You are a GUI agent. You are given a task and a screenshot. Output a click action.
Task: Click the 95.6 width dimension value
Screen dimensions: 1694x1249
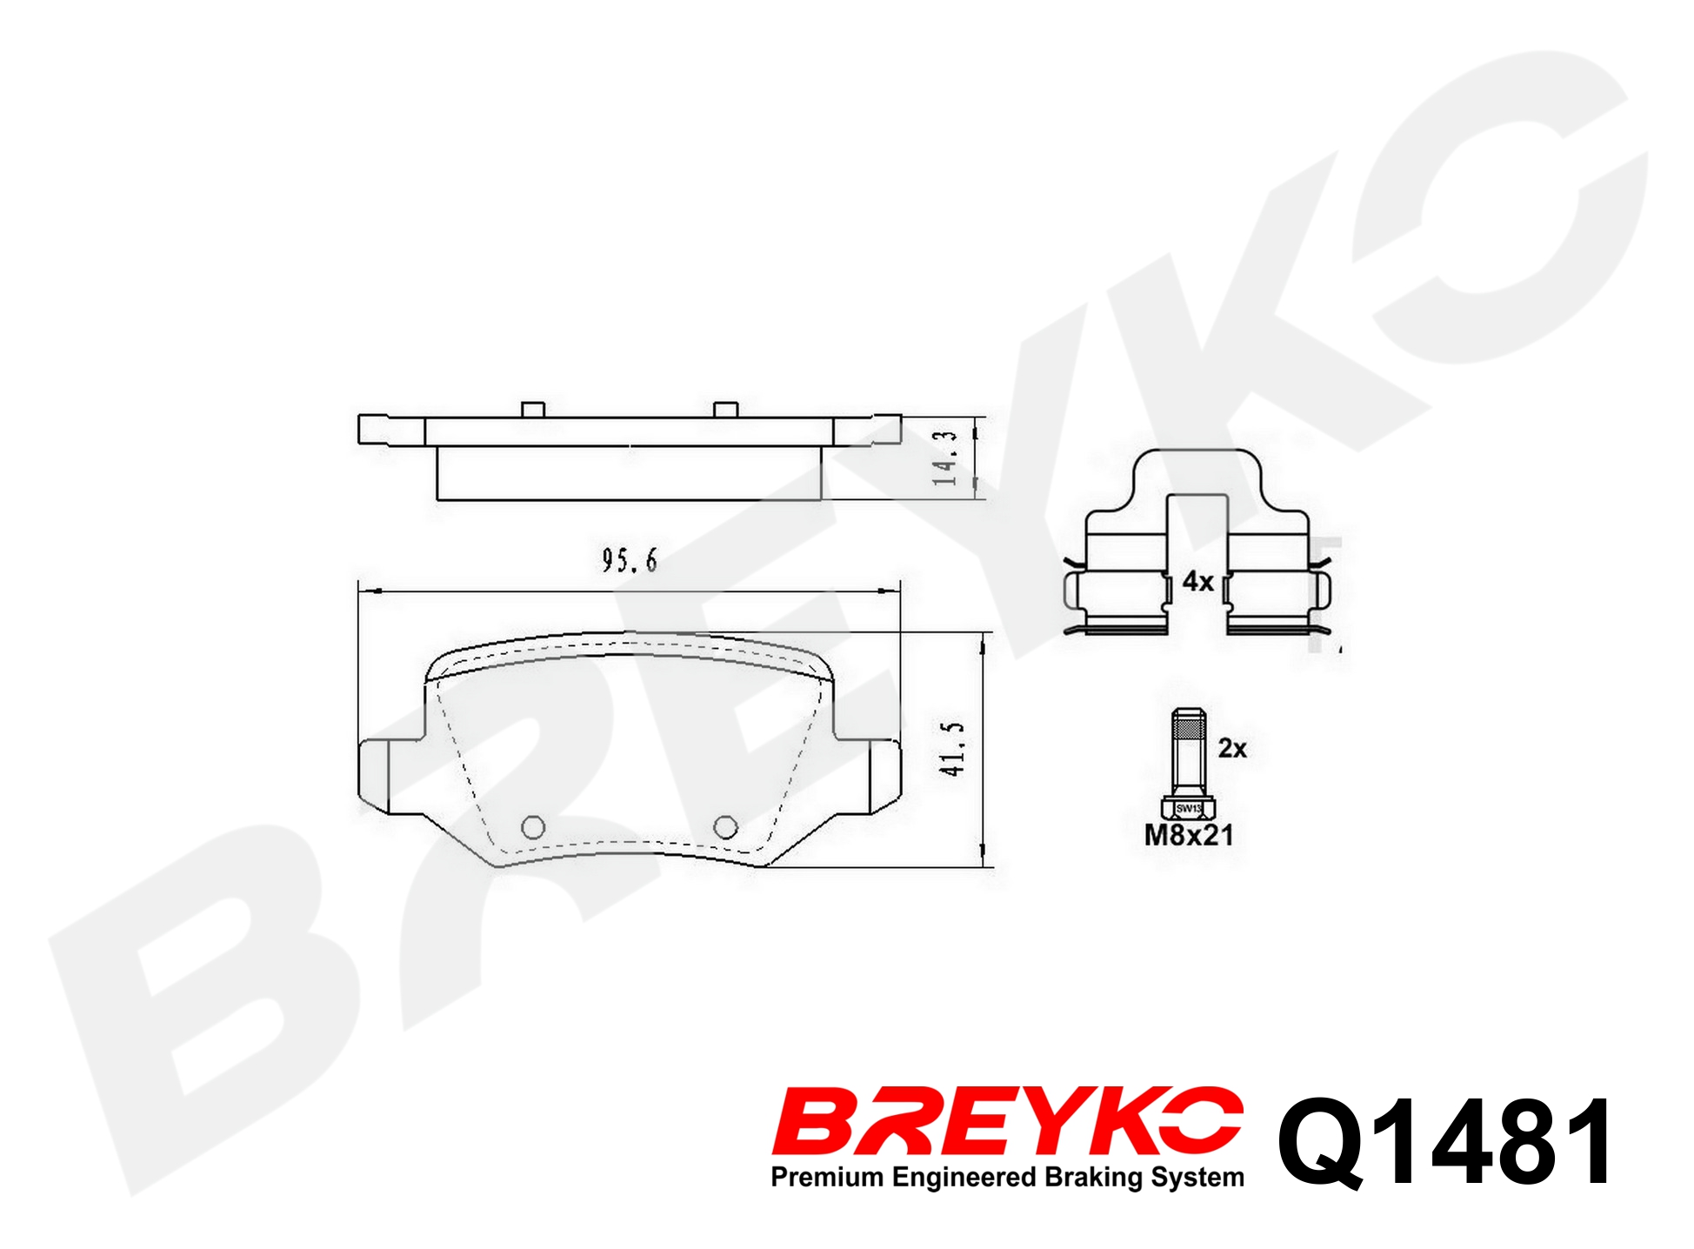click(630, 560)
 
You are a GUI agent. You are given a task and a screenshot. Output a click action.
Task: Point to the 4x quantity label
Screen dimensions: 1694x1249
click(1197, 581)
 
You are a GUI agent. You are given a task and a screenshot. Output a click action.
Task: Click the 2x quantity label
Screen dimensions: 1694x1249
click(1232, 748)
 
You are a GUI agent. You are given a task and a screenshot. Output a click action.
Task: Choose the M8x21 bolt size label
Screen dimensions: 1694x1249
click(1189, 835)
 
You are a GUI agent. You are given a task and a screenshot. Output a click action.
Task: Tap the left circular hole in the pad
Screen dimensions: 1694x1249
click(533, 826)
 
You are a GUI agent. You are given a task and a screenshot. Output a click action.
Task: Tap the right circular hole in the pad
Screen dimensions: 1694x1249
click(725, 826)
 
